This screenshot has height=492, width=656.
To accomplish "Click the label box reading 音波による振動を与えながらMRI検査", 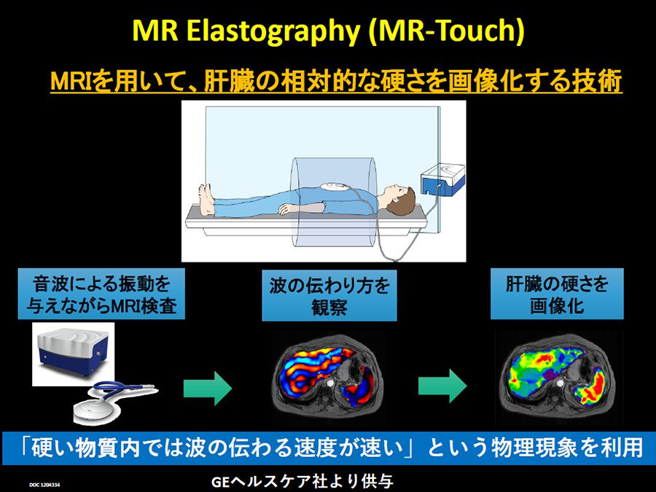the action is pyautogui.click(x=101, y=294).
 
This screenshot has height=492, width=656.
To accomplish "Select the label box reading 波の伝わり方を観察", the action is pyautogui.click(x=329, y=296).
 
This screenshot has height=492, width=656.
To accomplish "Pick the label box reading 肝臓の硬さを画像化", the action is pyautogui.click(x=557, y=294).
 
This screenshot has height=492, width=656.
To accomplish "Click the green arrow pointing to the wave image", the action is pyautogui.click(x=208, y=388).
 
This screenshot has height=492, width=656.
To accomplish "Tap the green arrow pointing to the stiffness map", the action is pyautogui.click(x=442, y=386).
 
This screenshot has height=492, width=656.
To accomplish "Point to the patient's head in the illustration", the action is pyautogui.click(x=397, y=200).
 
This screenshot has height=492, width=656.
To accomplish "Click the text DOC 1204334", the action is pyautogui.click(x=44, y=485).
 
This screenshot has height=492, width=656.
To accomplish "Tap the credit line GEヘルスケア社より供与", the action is pyautogui.click(x=302, y=482).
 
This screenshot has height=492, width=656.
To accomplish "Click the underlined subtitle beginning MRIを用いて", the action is pyautogui.click(x=336, y=80).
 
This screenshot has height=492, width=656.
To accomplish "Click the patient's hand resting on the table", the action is pyautogui.click(x=287, y=209).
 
